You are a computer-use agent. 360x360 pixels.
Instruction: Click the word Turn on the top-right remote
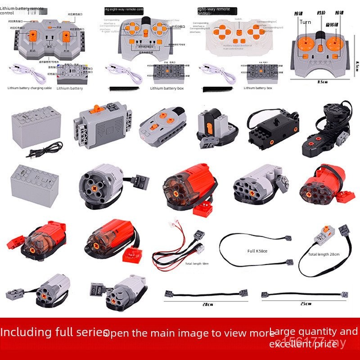(x=305, y=22)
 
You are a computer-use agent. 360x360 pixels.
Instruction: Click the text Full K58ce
(x=257, y=251)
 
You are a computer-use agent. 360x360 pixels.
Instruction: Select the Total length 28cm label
(x=324, y=254)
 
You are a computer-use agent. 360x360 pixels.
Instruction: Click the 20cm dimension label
(x=207, y=304)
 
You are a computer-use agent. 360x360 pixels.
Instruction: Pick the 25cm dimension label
(x=305, y=304)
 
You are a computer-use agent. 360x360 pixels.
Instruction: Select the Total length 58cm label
(x=197, y=263)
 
